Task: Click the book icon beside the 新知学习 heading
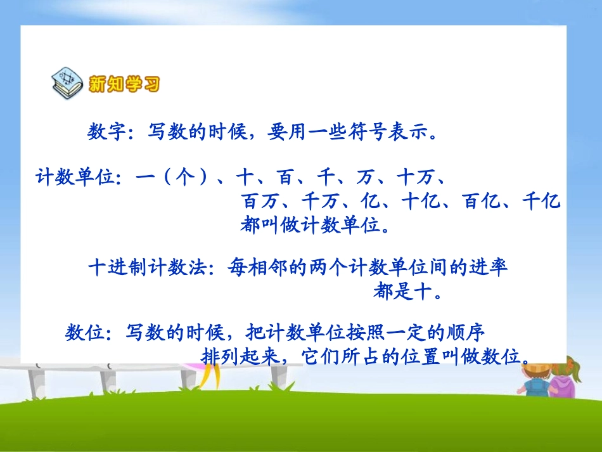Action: [x=67, y=83]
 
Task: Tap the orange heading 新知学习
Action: [x=124, y=84]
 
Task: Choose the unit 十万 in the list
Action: [x=416, y=178]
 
